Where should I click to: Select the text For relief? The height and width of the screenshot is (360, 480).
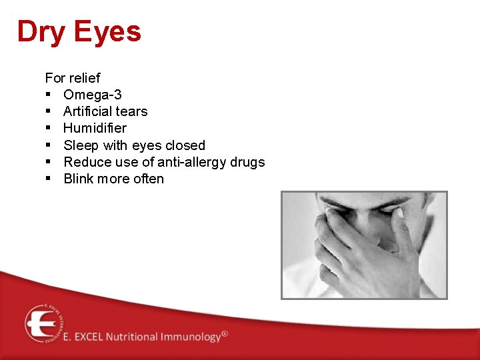click(72, 78)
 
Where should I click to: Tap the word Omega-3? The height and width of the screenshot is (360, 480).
click(92, 95)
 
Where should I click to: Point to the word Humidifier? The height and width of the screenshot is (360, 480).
click(95, 128)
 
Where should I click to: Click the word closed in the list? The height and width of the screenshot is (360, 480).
click(185, 145)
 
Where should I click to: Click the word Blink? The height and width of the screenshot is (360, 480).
click(78, 179)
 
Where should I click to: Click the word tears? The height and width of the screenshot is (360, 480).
click(131, 111)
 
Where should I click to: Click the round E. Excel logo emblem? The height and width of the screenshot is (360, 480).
click(43, 323)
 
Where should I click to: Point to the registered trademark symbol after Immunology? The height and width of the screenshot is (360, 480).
click(225, 333)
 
